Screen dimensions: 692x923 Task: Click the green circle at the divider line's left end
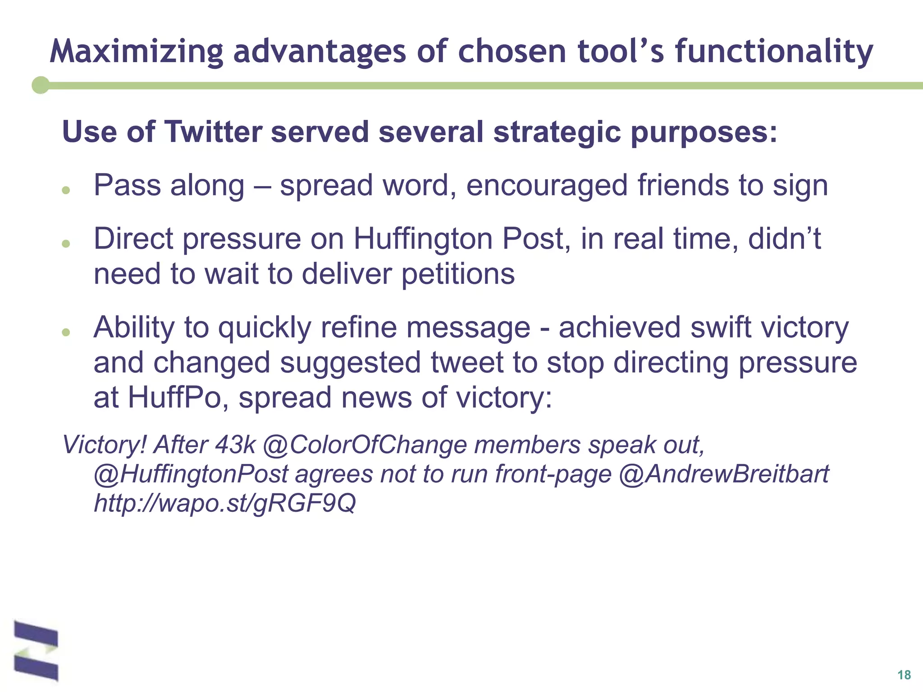click(41, 85)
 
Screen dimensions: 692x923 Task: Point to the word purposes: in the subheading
click(704, 133)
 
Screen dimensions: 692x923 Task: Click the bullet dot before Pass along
click(66, 191)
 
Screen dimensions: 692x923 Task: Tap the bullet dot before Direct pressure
click(66, 244)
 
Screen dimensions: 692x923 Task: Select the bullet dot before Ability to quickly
click(66, 332)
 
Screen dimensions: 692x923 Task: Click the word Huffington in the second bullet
click(423, 239)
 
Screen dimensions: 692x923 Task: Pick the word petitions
click(458, 274)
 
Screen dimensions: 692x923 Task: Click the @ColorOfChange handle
click(364, 445)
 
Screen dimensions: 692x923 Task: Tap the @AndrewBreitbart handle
click(724, 474)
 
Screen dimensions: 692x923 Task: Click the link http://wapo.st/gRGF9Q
click(224, 503)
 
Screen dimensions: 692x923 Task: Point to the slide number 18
click(904, 675)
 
